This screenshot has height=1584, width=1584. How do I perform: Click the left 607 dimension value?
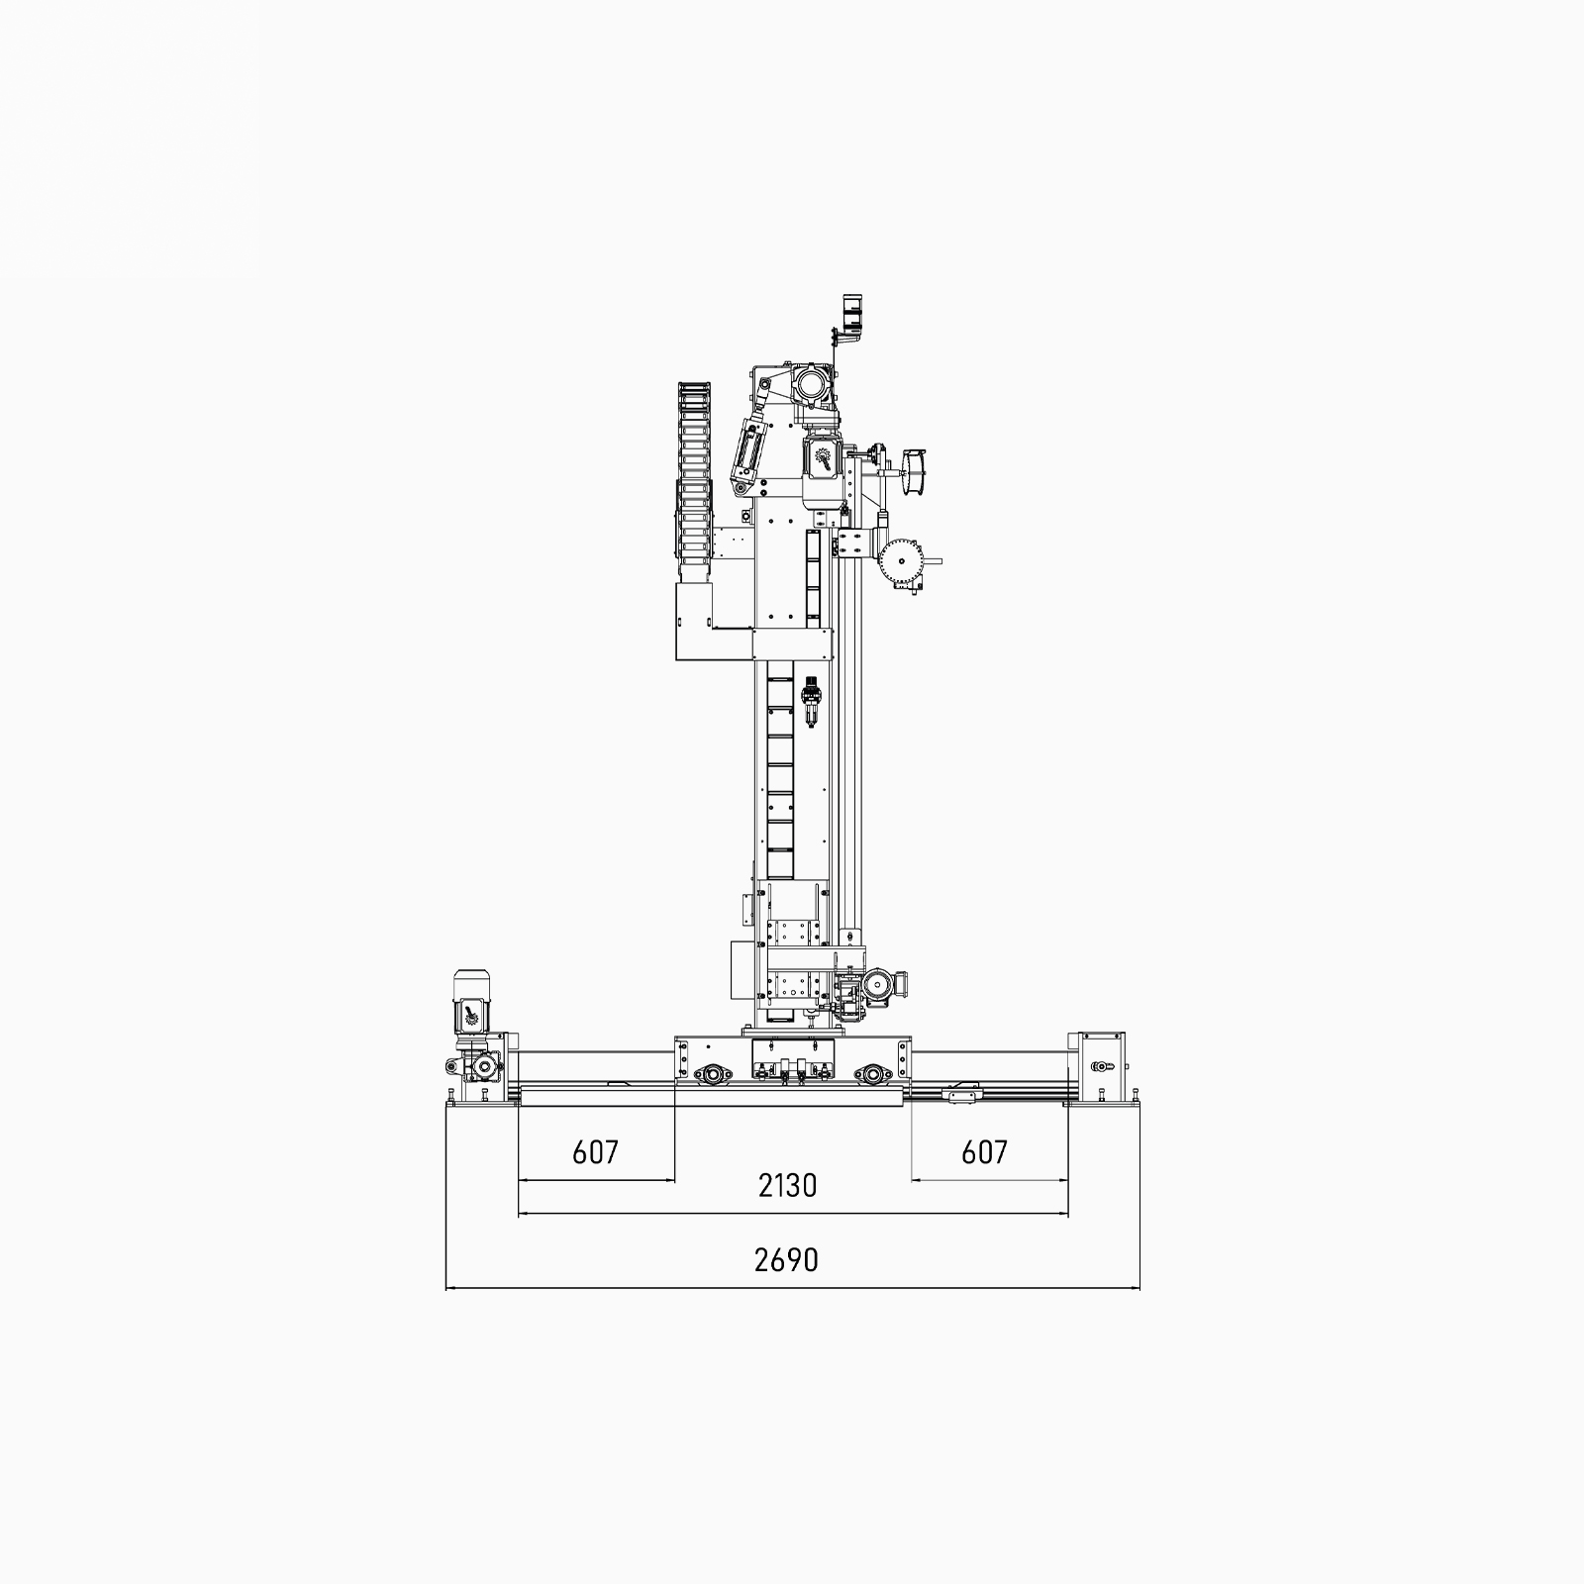point(595,1151)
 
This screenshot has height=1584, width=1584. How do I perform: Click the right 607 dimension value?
point(985,1151)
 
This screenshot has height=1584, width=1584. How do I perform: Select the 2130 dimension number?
point(788,1185)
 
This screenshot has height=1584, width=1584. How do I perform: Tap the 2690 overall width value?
point(787,1260)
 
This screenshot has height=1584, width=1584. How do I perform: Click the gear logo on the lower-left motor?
point(469,1015)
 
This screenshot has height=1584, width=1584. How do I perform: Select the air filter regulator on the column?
point(812,700)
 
